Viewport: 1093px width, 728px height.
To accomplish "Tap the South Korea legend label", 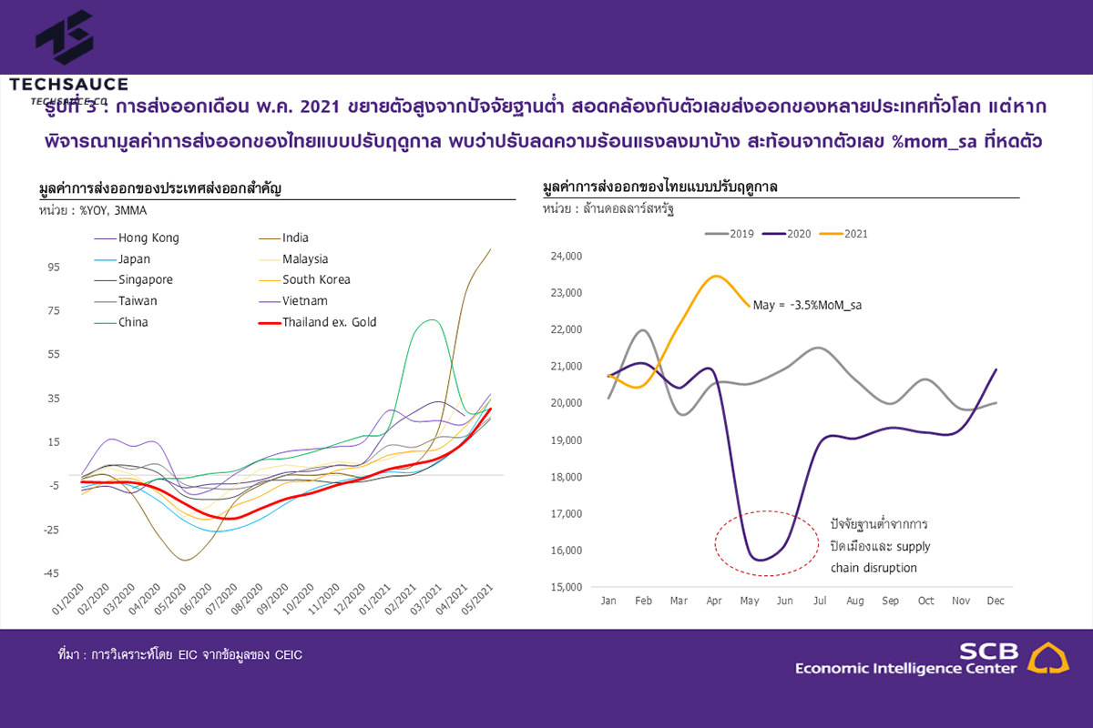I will pos(316,280).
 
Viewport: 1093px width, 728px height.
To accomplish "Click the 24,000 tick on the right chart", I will pos(567,257).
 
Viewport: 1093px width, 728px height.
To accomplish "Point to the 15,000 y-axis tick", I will pos(567,587).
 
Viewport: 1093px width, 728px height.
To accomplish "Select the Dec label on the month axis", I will pos(996,602).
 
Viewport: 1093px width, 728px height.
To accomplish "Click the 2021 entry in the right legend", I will pos(854,234).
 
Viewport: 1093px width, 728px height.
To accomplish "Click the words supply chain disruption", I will pos(880,558).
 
